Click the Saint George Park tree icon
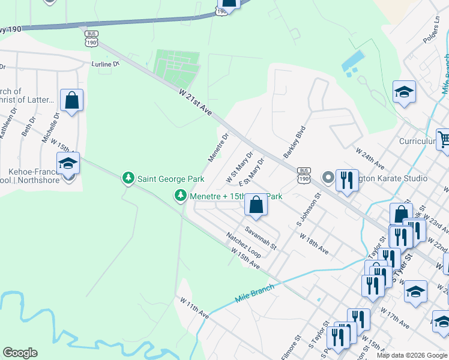point(128,178)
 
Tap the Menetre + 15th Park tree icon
point(180,196)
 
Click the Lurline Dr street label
point(106,63)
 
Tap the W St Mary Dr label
point(240,167)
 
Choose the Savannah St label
point(261,238)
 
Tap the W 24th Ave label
point(369,157)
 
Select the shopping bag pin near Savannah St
point(256,206)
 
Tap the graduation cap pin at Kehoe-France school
point(68,164)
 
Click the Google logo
point(20,353)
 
